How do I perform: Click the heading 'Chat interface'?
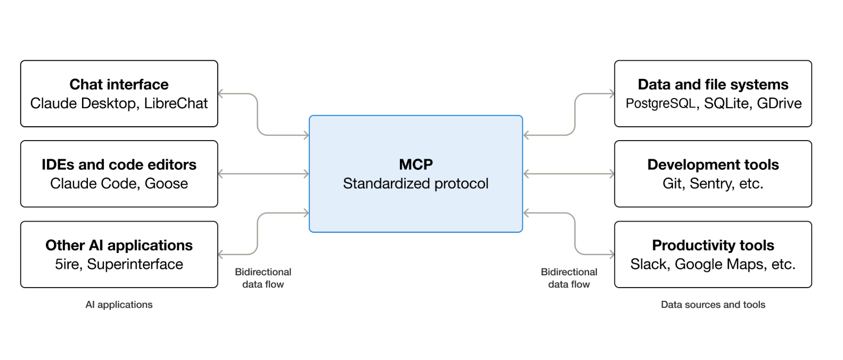click(119, 85)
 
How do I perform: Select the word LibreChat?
click(176, 103)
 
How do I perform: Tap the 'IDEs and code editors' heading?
click(119, 165)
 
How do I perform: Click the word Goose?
click(166, 184)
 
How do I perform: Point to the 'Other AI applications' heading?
click(119, 246)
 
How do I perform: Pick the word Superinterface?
click(135, 264)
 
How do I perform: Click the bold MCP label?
click(416, 165)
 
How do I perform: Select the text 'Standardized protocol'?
click(415, 184)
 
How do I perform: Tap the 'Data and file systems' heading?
click(713, 85)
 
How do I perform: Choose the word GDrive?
click(779, 103)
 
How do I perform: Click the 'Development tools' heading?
click(713, 165)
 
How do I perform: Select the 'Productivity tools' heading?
click(713, 246)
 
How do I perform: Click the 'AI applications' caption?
click(119, 305)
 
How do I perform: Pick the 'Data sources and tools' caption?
click(713, 305)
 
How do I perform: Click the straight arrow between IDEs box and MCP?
click(264, 174)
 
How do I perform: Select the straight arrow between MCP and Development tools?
click(569, 174)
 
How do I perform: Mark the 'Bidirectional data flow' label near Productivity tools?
click(569, 278)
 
